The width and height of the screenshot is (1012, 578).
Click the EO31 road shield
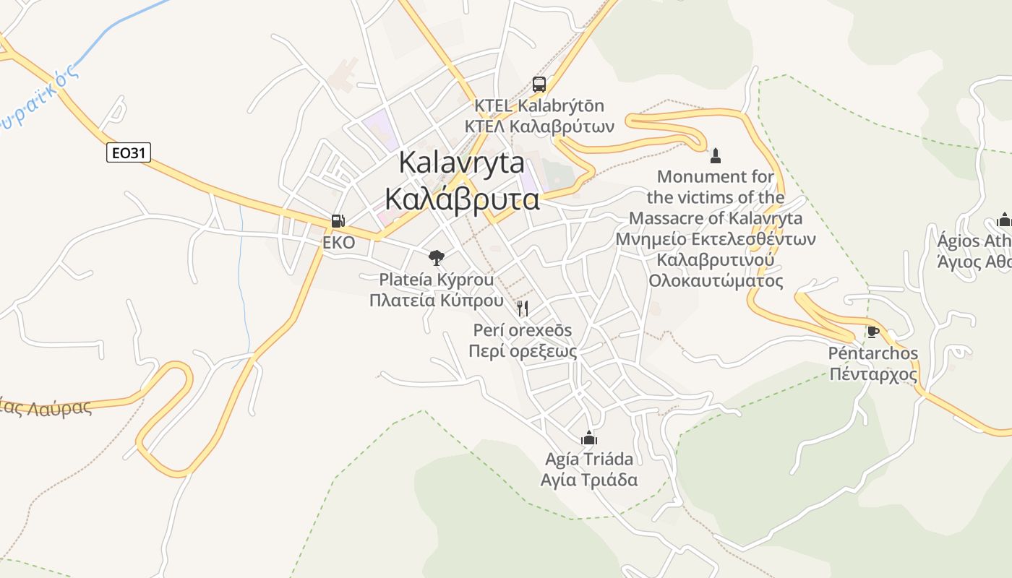pos(129,152)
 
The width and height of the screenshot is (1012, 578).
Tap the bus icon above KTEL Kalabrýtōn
pos(539,85)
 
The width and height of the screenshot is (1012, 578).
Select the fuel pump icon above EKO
pos(338,221)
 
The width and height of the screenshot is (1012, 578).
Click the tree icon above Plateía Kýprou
pos(436,257)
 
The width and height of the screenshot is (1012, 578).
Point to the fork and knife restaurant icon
pos(523,309)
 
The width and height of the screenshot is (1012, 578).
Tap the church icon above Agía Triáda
pos(589,438)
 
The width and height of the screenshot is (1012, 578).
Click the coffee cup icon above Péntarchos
pos(873,332)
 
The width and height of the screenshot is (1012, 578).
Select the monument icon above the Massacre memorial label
pos(716,155)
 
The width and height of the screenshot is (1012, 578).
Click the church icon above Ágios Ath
pos(1003,220)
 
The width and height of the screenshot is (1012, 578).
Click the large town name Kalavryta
pos(462,163)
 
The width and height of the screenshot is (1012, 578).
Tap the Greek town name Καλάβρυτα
pos(462,198)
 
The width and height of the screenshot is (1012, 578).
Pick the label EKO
pos(338,243)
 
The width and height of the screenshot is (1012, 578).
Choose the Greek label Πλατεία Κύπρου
pos(436,300)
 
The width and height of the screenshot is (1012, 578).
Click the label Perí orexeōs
pos(522,330)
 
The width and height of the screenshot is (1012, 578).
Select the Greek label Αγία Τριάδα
pos(589,480)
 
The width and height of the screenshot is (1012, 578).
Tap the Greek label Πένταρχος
pos(873,374)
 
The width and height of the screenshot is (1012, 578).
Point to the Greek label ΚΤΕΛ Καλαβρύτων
pos(539,126)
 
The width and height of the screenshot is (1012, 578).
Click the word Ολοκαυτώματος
pos(716,280)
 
